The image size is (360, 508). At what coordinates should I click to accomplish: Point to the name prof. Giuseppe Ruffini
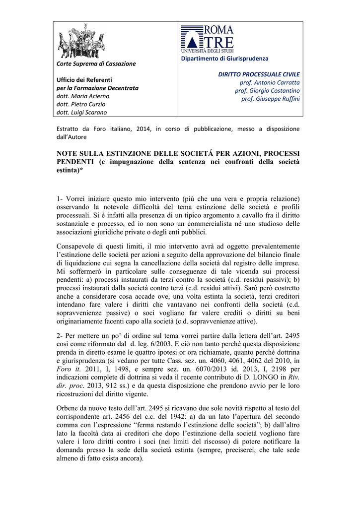tap(271, 99)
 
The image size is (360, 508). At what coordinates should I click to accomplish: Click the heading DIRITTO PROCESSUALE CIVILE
tap(259, 74)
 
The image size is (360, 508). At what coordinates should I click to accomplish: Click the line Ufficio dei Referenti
tap(84, 79)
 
